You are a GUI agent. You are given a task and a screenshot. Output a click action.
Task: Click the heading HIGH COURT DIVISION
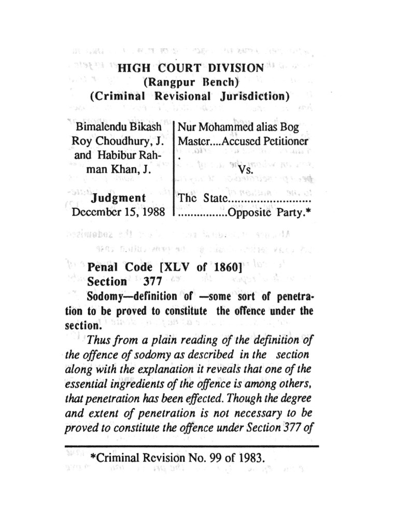(x=191, y=68)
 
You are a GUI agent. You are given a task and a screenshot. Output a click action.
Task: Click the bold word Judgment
(x=118, y=198)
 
